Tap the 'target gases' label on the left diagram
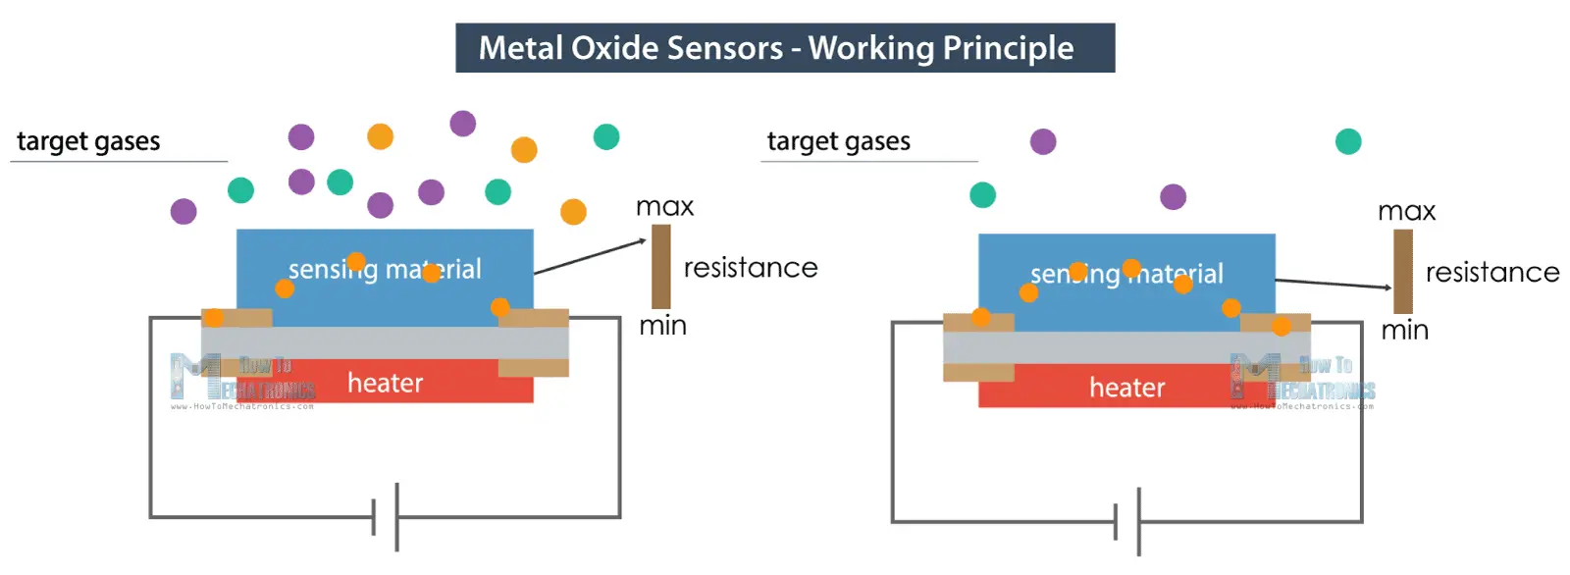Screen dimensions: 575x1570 click(x=88, y=141)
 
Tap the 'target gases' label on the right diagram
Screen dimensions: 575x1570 click(x=838, y=141)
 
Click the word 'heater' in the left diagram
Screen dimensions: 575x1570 click(x=385, y=383)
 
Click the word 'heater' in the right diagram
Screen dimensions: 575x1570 click(x=1126, y=388)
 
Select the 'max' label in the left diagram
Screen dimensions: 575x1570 click(x=664, y=207)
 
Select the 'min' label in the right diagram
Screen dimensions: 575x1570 click(x=1404, y=331)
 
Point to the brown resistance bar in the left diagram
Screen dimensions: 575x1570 click(x=661, y=266)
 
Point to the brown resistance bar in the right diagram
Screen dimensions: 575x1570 click(x=1403, y=271)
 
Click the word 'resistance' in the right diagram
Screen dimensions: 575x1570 click(x=1491, y=272)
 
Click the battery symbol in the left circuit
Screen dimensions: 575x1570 click(x=386, y=516)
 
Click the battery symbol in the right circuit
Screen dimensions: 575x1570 click(x=1127, y=521)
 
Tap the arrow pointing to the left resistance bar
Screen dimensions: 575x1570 click(x=589, y=256)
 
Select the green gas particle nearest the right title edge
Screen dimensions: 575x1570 click(x=1348, y=142)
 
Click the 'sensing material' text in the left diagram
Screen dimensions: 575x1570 click(x=385, y=269)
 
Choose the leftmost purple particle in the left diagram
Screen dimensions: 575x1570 click(x=183, y=211)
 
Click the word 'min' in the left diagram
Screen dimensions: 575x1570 click(x=662, y=326)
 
